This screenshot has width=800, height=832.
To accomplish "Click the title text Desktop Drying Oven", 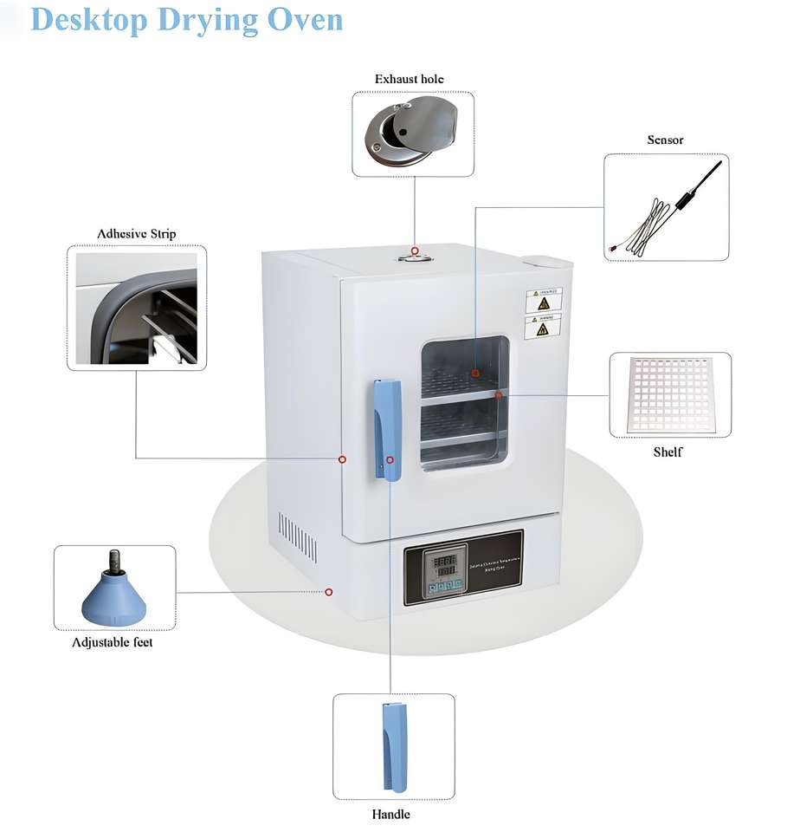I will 187,19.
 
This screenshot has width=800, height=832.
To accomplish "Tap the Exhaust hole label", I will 410,79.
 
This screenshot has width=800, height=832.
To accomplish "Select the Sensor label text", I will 665,140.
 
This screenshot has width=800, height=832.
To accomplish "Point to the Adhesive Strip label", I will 137,234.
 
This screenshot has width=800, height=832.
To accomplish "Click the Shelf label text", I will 668,452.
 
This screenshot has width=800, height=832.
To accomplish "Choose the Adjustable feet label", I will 113,642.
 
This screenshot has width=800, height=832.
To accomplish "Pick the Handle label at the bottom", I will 390,814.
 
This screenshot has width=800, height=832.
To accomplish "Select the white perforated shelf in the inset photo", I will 670,394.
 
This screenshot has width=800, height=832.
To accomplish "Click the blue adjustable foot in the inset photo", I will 113,597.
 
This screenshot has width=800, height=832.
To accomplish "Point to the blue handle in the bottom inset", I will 392,746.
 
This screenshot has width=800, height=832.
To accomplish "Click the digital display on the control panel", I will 446,568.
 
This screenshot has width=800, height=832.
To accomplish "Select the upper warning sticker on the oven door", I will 543,300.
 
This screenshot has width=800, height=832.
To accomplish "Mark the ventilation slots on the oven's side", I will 297,535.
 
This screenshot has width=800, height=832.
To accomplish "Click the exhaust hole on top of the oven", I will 415,252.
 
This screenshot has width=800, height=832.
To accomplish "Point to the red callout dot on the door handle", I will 390,459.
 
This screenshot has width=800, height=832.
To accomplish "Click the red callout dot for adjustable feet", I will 329,592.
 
